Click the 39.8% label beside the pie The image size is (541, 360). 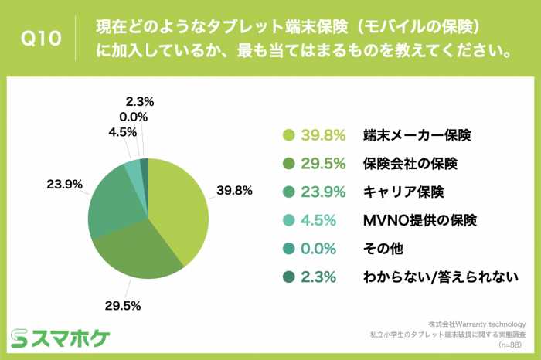click(235, 191)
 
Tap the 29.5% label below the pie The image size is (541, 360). click(121, 305)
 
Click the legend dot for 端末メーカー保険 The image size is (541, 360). click(290, 134)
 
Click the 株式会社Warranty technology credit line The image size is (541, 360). click(476, 324)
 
